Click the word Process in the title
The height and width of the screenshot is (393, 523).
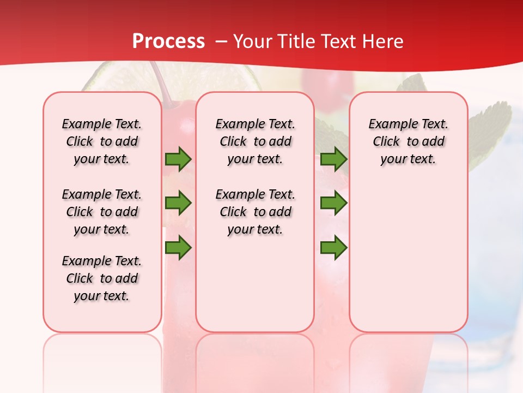[168, 41]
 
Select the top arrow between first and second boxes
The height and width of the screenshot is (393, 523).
[178, 159]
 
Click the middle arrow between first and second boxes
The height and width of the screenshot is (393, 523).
[178, 203]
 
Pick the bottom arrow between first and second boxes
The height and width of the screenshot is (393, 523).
[178, 248]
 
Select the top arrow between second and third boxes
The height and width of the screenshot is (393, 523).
[333, 159]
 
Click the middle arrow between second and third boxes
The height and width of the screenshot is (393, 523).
[333, 203]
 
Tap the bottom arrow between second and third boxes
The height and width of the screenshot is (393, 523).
[333, 248]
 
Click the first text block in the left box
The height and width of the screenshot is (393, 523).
[102, 141]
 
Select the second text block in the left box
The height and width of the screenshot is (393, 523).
[102, 212]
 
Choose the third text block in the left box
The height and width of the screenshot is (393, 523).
[102, 278]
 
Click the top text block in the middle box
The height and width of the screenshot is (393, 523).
[255, 141]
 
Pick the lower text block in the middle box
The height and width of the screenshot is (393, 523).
[255, 212]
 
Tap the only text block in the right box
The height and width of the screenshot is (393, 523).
[408, 141]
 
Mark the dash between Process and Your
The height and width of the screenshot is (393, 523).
[221, 41]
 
